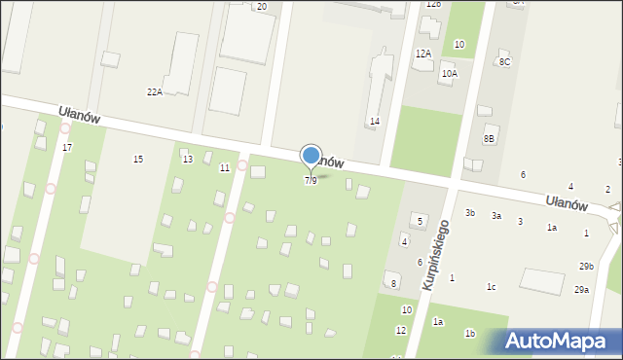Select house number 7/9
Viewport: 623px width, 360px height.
coord(311,181)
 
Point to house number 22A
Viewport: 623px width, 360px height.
coord(154,91)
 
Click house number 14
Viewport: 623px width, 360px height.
coord(374,121)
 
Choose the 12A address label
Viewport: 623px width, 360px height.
coord(422,54)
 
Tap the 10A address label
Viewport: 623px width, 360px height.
coord(449,73)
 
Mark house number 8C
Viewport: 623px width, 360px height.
coord(504,62)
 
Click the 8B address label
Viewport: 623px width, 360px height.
coord(490,139)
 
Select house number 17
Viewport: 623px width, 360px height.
coord(66,147)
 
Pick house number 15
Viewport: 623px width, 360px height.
coord(138,159)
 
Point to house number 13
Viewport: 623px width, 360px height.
coord(187,159)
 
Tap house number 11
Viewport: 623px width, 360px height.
coord(225,167)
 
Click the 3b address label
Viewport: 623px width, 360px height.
coord(470,212)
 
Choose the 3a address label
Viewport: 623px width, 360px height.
coord(496,215)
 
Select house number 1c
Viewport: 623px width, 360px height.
coord(492,286)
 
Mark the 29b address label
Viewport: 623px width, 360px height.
coord(586,266)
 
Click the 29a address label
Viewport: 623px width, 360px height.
coord(581,289)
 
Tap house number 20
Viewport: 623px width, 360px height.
coord(261,6)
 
